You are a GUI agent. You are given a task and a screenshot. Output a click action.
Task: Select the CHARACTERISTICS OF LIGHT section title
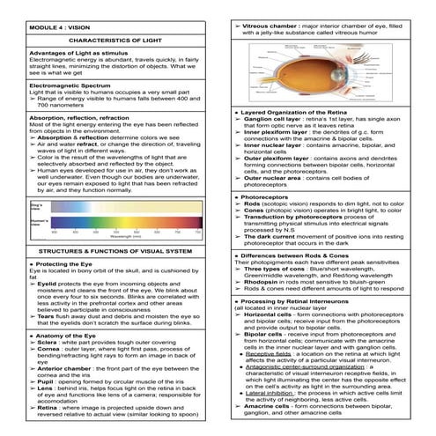click(x=110, y=40)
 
